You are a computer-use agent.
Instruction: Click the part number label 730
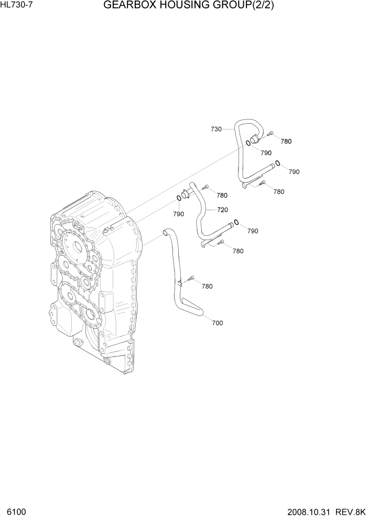point(216,128)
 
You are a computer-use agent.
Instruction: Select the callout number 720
point(222,210)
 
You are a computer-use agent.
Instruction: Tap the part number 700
point(217,323)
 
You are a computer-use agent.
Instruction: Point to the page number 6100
point(16,511)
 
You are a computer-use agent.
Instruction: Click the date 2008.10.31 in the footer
point(308,511)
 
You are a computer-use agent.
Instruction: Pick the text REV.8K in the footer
point(349,511)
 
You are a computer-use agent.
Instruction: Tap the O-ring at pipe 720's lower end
point(237,222)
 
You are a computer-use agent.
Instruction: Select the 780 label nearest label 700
point(207,286)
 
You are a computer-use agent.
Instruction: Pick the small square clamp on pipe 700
point(179,283)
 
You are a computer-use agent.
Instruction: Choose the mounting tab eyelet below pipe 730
point(243,185)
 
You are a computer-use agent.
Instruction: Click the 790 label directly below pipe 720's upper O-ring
point(178,214)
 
